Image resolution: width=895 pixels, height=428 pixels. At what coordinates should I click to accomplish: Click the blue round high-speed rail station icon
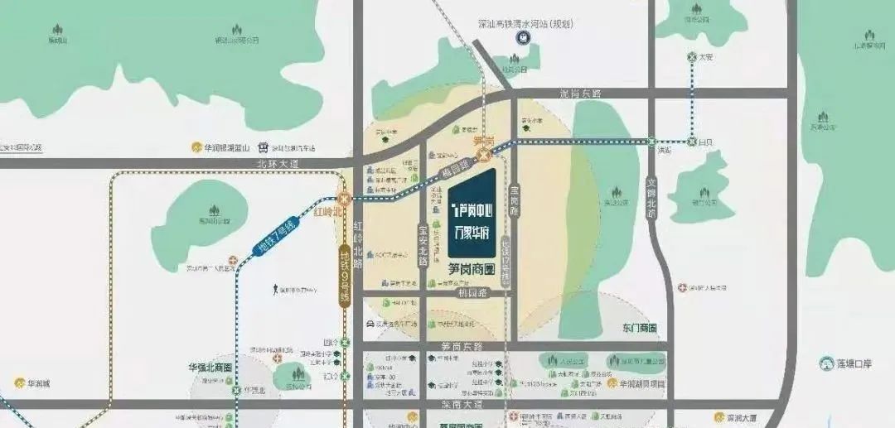tap(525, 38)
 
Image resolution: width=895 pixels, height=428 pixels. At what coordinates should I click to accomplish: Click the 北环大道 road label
tap(278, 165)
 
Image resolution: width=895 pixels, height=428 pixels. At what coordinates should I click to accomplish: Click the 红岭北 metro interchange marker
tap(342, 199)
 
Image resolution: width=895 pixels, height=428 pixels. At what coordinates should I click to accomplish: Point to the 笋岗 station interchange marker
tap(483, 155)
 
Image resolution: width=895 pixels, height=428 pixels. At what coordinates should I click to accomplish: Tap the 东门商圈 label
tap(638, 328)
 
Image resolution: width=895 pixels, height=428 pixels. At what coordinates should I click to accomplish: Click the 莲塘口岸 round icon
tap(826, 363)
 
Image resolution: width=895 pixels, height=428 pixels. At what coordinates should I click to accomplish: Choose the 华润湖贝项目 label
tap(641, 384)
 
